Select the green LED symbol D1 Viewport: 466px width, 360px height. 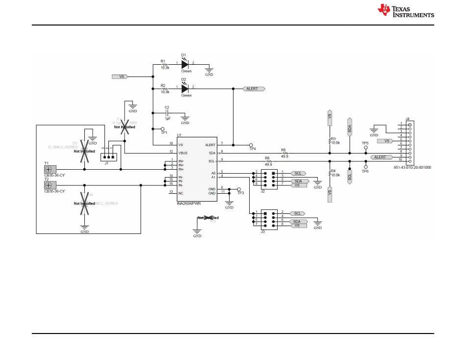[185, 64]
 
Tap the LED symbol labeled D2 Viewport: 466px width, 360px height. [185, 89]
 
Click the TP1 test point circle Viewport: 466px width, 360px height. [163, 129]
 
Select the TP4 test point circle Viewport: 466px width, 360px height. [251, 145]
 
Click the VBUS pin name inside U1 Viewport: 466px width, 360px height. [182, 153]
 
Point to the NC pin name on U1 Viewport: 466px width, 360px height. [180, 193]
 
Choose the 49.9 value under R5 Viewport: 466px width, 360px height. [285, 156]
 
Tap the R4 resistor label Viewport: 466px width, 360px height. [334, 171]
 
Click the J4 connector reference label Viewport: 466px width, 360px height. [408, 119]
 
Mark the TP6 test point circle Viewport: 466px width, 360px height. [365, 166]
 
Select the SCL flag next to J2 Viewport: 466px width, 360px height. [298, 173]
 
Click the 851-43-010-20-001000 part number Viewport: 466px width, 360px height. [413, 167]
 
